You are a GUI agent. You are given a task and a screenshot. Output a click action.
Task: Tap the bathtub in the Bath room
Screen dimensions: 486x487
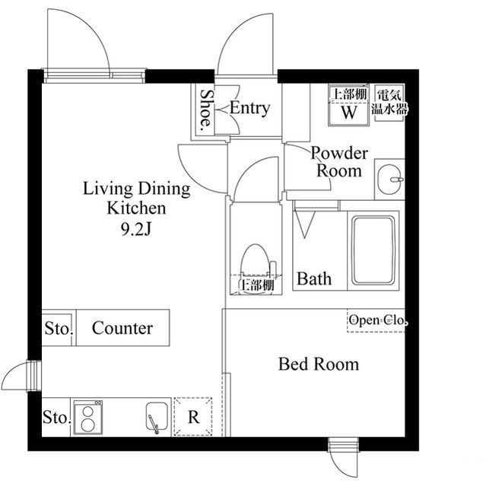click(x=373, y=250)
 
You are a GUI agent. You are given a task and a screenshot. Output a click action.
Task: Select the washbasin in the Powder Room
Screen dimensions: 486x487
click(x=390, y=180)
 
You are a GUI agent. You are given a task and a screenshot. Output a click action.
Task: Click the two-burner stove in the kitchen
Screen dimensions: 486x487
click(x=87, y=418)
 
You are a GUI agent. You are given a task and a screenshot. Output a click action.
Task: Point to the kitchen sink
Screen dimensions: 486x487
click(x=157, y=418)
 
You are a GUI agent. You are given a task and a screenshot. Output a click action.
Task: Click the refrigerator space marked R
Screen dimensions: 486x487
click(x=193, y=417)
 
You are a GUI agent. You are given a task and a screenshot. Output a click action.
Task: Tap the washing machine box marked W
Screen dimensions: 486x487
click(x=349, y=106)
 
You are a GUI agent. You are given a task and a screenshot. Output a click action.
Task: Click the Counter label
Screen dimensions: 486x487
click(x=122, y=328)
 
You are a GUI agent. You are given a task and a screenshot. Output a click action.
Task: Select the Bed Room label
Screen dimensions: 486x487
click(x=319, y=364)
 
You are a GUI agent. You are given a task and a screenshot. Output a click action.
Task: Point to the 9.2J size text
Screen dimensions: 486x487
click(x=136, y=230)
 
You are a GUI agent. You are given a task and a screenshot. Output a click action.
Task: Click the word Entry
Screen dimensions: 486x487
click(x=249, y=109)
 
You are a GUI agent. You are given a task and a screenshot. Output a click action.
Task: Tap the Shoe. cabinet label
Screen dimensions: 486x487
click(x=206, y=110)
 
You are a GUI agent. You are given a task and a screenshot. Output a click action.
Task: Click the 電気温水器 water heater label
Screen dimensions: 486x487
click(x=389, y=102)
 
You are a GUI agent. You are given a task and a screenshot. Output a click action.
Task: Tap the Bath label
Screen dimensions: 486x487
click(x=314, y=279)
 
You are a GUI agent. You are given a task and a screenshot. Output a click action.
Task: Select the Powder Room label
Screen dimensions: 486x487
click(x=339, y=162)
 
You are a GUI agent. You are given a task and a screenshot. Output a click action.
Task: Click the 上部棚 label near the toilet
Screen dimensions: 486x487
click(x=256, y=285)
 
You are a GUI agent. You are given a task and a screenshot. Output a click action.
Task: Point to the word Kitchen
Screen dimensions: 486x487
click(x=136, y=208)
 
